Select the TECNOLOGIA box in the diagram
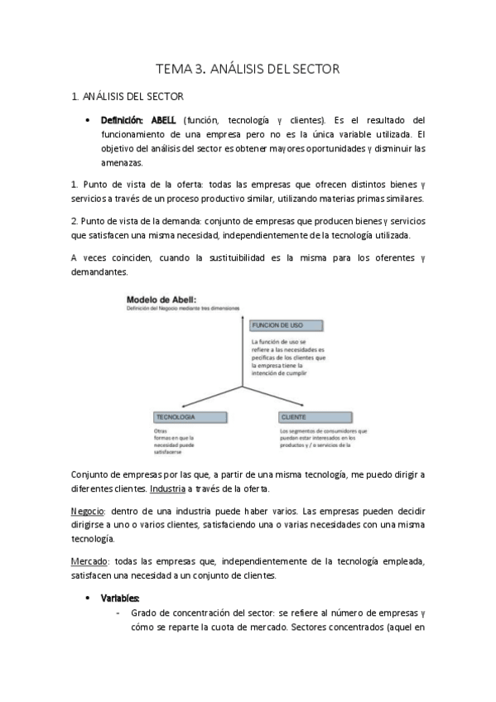click(174, 416)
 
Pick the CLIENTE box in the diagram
click(311, 416)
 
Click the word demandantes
click(99, 272)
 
